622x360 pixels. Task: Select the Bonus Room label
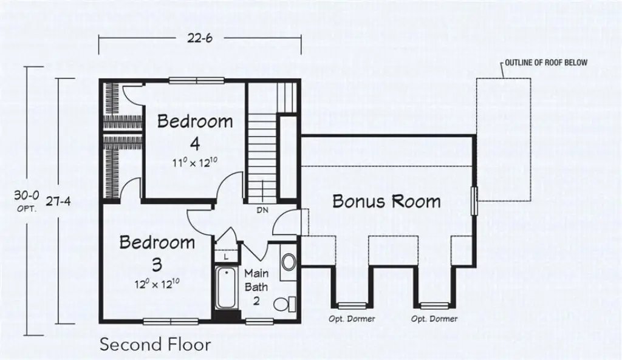coord(386,201)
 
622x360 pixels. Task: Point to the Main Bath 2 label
coord(256,287)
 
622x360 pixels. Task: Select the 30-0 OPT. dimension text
coord(27,200)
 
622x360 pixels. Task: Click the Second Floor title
coord(155,345)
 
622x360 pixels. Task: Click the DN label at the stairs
coord(262,209)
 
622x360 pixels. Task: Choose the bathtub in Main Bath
coord(227,288)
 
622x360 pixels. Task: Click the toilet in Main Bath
coord(284,303)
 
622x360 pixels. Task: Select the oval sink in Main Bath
coord(289,262)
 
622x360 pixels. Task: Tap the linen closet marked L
coord(226,257)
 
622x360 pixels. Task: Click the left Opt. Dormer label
coord(352,319)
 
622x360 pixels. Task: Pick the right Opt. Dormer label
coord(434,319)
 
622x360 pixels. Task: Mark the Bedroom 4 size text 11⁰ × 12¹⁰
coord(195,163)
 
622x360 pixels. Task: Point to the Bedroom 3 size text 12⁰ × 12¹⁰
coord(157,284)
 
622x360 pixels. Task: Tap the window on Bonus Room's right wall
coord(475,200)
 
